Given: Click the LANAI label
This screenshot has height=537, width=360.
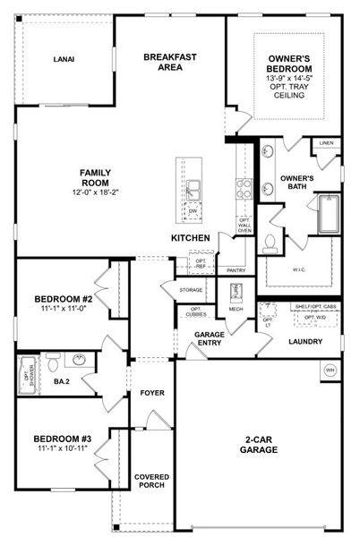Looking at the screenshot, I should pyautogui.click(x=63, y=60).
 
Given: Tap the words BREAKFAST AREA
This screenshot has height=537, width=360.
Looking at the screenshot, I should pyautogui.click(x=170, y=62).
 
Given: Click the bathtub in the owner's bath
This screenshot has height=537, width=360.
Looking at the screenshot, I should pyautogui.click(x=328, y=215).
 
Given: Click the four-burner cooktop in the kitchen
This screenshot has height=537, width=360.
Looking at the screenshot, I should pyautogui.click(x=243, y=187).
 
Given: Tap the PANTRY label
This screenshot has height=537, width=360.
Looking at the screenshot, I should pyautogui.click(x=236, y=269).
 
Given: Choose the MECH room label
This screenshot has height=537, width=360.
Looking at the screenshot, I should pyautogui.click(x=236, y=309).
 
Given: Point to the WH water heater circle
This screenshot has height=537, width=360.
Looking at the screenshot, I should pyautogui.click(x=330, y=370).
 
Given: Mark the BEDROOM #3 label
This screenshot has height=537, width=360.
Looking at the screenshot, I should pyautogui.click(x=63, y=439).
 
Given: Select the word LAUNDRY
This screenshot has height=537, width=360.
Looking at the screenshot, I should pyautogui.click(x=304, y=341).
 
